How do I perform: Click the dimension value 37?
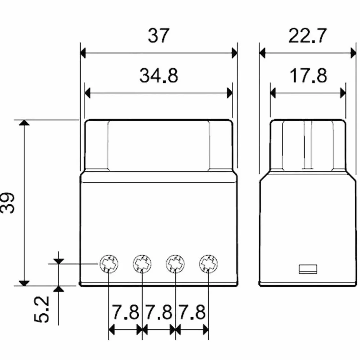(158, 36)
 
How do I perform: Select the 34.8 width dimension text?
(159, 76)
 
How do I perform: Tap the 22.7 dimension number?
(307, 36)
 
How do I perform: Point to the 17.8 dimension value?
(308, 76)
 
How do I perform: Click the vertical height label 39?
(8, 203)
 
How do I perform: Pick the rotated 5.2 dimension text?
(42, 309)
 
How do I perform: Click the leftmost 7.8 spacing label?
(125, 312)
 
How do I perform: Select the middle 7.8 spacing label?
(159, 312)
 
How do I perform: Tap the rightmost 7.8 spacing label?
(192, 312)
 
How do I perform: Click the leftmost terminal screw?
(109, 264)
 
